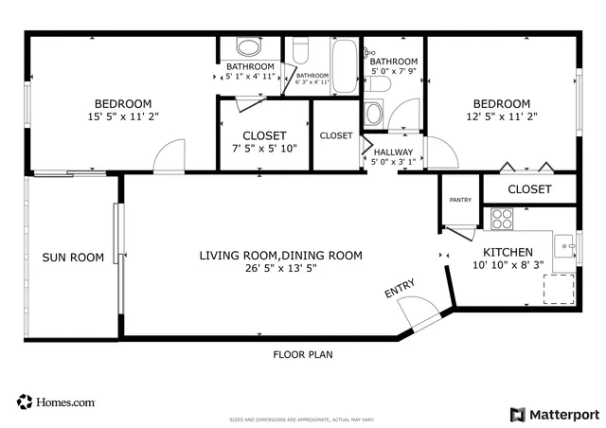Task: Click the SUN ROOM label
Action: [72, 257]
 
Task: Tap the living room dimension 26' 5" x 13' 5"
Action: [280, 269]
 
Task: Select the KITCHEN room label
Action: [508, 252]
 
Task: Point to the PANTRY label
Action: [460, 200]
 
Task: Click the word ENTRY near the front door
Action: [399, 290]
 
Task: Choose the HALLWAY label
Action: [392, 151]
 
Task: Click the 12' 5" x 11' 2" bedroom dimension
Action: [502, 117]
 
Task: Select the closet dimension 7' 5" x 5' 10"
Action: [264, 149]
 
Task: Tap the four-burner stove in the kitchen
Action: [502, 220]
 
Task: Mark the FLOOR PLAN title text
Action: [302, 355]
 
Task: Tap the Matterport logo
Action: [555, 414]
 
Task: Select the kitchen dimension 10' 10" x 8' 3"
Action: [508, 266]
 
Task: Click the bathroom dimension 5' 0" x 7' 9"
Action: [393, 70]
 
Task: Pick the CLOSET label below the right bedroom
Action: [529, 189]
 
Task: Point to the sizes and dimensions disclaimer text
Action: [303, 419]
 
